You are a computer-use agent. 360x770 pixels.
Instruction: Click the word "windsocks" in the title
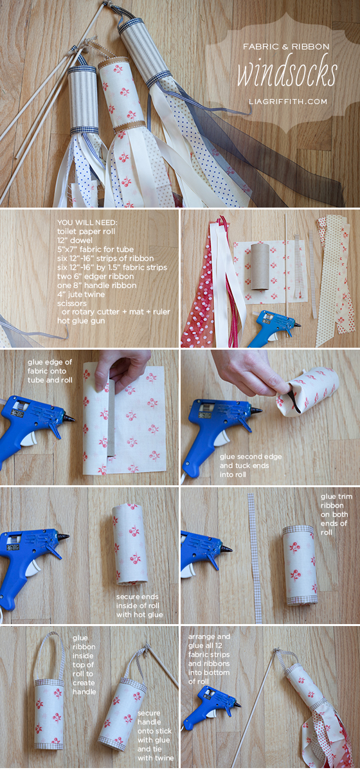(x=286, y=73)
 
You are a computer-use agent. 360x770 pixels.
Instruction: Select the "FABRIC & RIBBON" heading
(x=287, y=47)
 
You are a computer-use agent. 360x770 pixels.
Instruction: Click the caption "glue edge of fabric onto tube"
(x=50, y=371)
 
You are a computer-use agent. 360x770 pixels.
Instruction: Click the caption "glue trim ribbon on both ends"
(x=334, y=514)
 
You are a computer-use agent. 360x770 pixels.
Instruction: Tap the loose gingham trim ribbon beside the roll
(x=255, y=559)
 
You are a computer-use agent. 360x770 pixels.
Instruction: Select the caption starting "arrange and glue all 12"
(x=209, y=658)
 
